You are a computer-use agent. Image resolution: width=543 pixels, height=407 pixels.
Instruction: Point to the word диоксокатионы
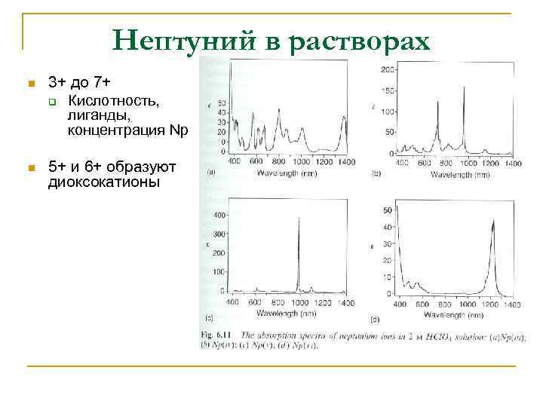point(104,181)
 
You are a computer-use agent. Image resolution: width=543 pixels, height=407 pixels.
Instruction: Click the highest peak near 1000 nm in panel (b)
point(464,90)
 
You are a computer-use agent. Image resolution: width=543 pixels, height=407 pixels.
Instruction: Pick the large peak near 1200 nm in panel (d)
point(493,222)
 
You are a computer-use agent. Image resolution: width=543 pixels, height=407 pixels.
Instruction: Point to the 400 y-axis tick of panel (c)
point(219,216)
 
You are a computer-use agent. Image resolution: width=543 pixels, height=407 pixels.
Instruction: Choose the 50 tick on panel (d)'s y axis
point(388,210)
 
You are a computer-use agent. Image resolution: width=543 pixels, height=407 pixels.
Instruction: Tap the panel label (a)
point(210,173)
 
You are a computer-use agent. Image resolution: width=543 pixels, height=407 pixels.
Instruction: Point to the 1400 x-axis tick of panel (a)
point(346,162)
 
